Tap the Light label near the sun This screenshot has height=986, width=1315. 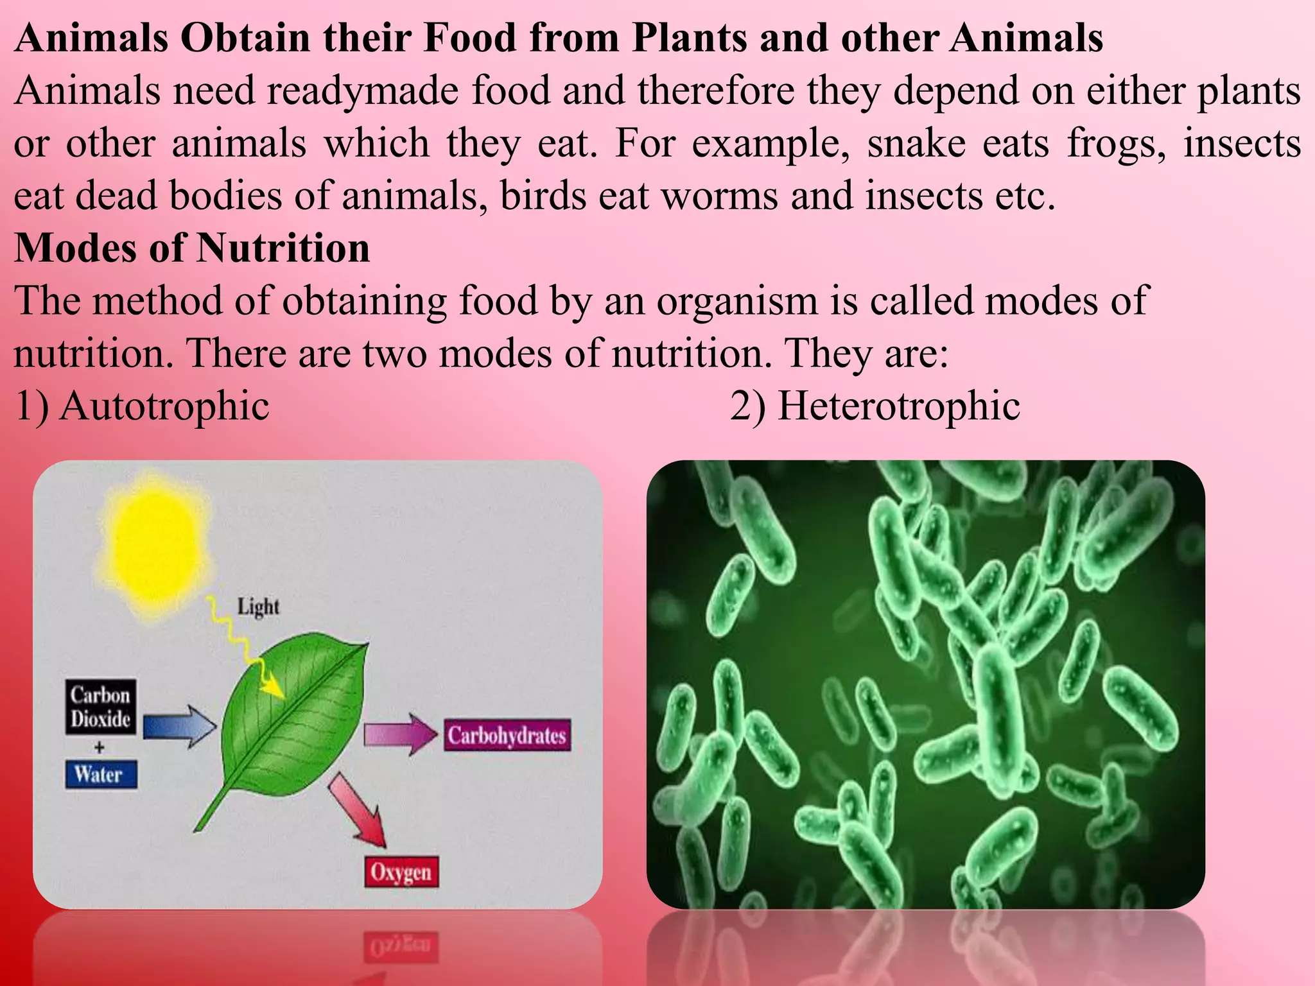[258, 606]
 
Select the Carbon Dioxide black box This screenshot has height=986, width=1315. [101, 707]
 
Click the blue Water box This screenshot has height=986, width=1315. [101, 774]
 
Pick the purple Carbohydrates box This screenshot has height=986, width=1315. [507, 735]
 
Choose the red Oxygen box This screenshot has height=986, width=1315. [401, 872]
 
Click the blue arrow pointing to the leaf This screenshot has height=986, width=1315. [179, 727]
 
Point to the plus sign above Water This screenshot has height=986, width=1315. [100, 748]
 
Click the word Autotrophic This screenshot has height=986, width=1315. [164, 406]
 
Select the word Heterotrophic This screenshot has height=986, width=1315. [899, 406]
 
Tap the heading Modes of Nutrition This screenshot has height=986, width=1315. [192, 248]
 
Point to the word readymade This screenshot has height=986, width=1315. [363, 90]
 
